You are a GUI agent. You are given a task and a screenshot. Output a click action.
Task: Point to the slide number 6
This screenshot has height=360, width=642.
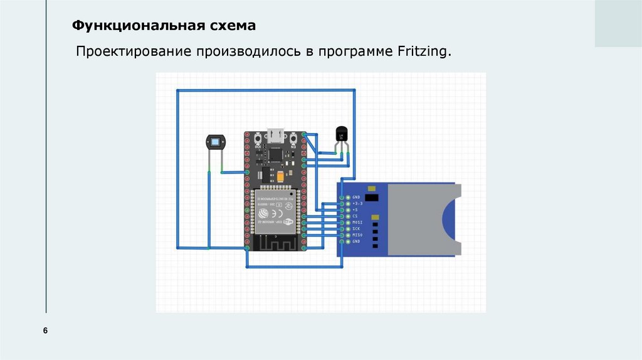click(x=45, y=331)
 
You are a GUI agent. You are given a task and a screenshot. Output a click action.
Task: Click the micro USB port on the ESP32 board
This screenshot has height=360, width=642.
click(x=275, y=135)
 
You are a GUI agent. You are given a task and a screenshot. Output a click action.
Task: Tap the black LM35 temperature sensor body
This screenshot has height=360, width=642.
click(x=342, y=134)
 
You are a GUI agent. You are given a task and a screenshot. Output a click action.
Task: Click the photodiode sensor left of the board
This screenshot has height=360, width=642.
click(x=215, y=142)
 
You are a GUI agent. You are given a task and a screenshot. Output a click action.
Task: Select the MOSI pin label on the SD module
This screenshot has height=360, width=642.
click(x=359, y=222)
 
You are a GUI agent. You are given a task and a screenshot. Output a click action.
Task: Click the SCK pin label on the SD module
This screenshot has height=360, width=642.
click(x=357, y=228)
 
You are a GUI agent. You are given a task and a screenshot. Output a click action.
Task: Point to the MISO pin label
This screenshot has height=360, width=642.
click(x=359, y=235)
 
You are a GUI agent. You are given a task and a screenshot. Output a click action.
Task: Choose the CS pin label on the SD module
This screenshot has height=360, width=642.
click(x=355, y=216)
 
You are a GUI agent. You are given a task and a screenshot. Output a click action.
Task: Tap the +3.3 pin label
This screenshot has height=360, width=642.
click(x=358, y=204)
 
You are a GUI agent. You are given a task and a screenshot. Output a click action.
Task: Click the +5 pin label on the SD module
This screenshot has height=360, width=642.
click(x=355, y=209)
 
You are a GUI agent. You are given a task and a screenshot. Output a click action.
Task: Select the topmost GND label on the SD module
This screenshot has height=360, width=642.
click(x=357, y=198)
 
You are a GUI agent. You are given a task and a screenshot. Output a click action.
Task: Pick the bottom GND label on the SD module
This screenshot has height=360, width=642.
click(x=357, y=241)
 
